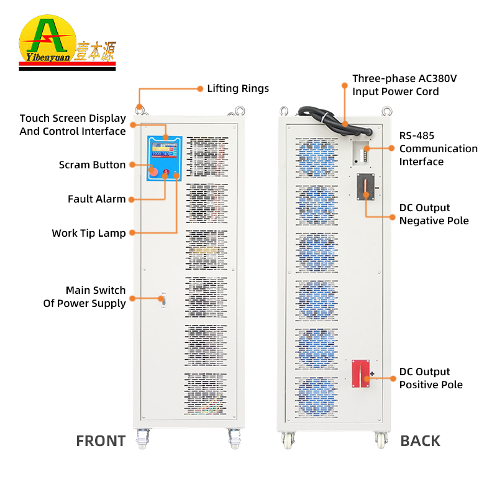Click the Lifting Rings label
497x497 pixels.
(x=238, y=88)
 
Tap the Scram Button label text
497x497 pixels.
(x=93, y=165)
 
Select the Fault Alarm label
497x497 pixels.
(x=97, y=199)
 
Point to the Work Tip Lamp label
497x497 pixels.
(x=89, y=233)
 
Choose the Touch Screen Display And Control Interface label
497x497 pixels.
(x=73, y=124)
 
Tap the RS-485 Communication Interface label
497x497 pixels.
(x=438, y=148)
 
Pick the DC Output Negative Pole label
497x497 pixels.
(x=434, y=214)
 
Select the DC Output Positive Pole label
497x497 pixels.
(x=431, y=378)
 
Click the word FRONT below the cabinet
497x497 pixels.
(x=101, y=441)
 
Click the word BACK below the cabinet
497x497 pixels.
(x=420, y=441)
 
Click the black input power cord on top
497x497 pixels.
(x=332, y=118)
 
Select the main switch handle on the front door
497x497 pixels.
(x=162, y=299)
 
